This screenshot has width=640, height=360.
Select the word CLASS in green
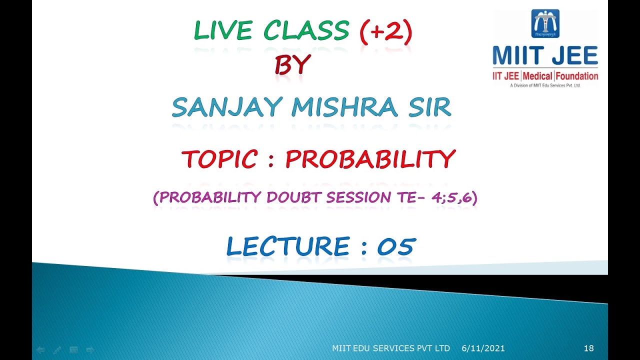point(306,31)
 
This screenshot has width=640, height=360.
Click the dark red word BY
point(292,65)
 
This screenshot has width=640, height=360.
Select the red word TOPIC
point(219,159)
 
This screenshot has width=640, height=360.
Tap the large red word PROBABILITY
point(370,159)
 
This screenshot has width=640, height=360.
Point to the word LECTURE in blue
point(287,247)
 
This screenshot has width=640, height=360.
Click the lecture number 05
point(395,247)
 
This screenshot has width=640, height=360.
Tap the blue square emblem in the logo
point(545,23)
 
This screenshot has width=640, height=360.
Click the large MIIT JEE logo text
point(545,55)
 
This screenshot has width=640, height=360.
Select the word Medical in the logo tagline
point(538,76)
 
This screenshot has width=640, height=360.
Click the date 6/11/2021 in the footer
point(483,348)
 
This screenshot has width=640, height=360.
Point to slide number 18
point(588,348)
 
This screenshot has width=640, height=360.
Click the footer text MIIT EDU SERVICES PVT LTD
point(391,348)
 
